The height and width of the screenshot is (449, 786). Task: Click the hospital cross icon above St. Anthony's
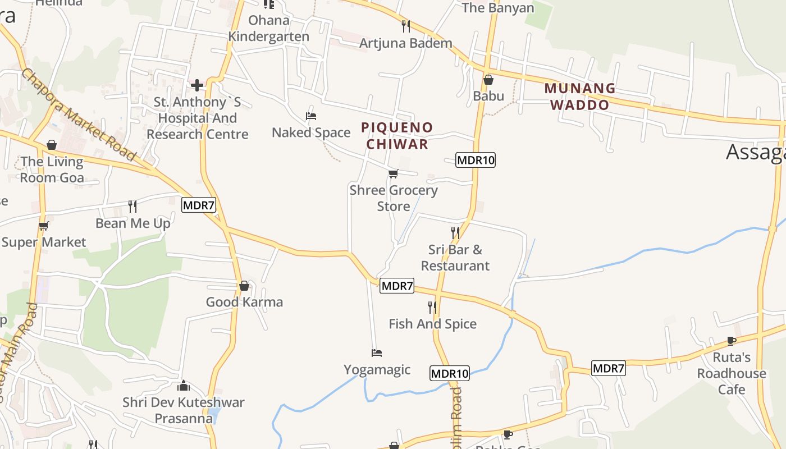[x=197, y=85]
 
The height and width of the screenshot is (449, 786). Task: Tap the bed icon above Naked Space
[x=311, y=116]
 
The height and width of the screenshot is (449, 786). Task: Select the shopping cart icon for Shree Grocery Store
[x=394, y=174]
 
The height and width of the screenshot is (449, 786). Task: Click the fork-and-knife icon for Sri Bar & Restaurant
[x=455, y=232]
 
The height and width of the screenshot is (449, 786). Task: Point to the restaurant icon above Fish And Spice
[x=432, y=307]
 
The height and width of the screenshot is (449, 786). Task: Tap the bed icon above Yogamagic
[x=377, y=353]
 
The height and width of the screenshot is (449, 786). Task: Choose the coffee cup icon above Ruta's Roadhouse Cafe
[x=731, y=341]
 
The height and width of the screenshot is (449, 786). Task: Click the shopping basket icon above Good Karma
[x=244, y=286]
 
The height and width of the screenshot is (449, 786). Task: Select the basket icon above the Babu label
[x=488, y=80]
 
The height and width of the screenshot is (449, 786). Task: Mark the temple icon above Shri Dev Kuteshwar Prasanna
[x=184, y=386]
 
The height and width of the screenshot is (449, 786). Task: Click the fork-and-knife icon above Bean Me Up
[x=132, y=206]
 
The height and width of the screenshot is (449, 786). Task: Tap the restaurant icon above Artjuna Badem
[x=406, y=26]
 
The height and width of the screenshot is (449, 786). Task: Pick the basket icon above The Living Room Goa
[x=52, y=145]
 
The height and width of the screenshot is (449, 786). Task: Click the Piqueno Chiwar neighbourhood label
[x=397, y=135]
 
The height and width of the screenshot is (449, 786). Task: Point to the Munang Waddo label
[x=580, y=97]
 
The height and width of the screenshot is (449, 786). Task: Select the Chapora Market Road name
[x=79, y=115]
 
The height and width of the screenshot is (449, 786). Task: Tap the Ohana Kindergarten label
[x=269, y=29]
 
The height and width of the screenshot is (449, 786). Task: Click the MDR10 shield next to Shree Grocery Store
[x=476, y=160]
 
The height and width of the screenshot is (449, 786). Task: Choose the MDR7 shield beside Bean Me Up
[x=199, y=205]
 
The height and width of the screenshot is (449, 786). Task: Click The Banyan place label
[x=497, y=8]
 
